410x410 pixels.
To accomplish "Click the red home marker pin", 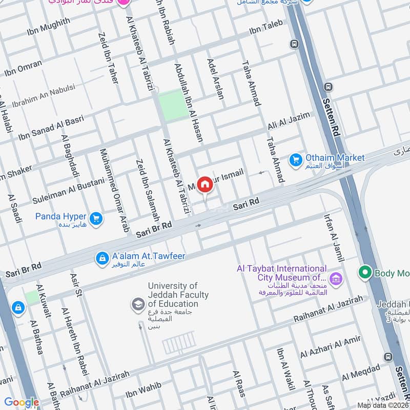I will (x=205, y=184).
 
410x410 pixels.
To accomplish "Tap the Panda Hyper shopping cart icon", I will (x=95, y=219).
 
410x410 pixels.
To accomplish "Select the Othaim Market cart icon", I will (x=295, y=160).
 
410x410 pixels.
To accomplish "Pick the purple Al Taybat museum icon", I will (x=336, y=279).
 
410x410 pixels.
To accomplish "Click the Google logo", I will (x=22, y=403).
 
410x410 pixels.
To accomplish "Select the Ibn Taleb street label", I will (x=265, y=30).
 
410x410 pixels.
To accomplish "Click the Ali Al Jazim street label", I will (x=289, y=121).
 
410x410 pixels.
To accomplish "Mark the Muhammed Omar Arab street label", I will (x=114, y=190).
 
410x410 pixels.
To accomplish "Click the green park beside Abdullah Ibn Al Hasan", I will (x=173, y=105).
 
